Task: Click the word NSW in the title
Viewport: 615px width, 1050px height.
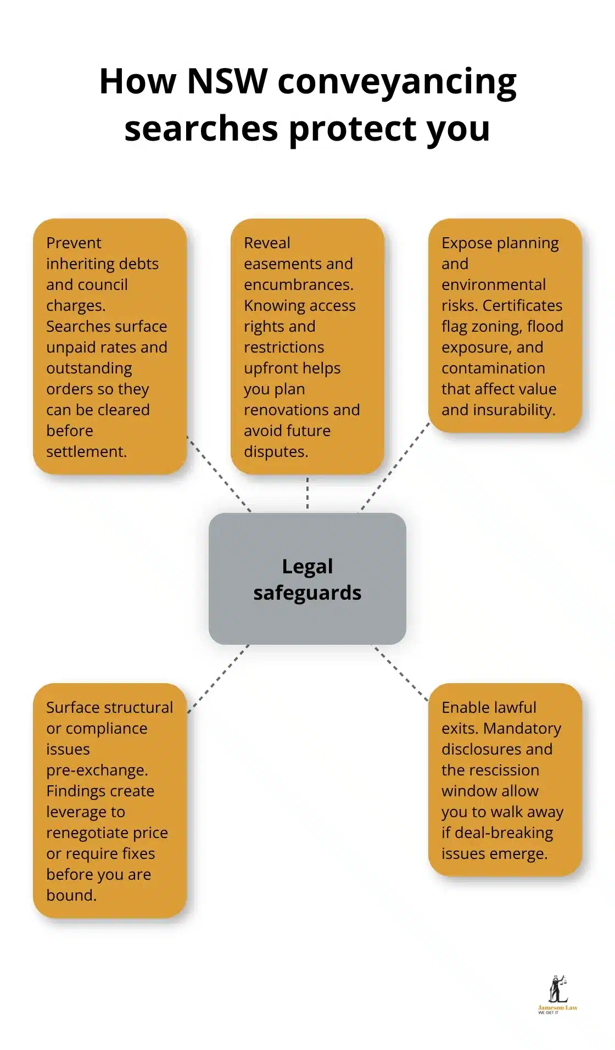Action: [x=226, y=81]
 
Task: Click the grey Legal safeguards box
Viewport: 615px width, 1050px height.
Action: [x=307, y=579]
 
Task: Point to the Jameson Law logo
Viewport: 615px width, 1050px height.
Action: [x=557, y=995]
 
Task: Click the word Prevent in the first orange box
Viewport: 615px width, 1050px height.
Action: [x=74, y=243]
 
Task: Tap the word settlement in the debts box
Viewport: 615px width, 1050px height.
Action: [x=86, y=451]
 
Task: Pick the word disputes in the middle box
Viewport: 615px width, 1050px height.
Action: [x=275, y=451]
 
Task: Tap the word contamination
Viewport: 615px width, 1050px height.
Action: [x=493, y=368]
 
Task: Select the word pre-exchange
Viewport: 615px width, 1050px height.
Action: [x=97, y=770]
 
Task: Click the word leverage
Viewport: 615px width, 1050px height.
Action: [x=85, y=812]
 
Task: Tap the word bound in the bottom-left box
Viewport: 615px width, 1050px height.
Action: [x=70, y=895]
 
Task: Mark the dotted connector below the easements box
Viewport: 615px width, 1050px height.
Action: [x=307, y=493]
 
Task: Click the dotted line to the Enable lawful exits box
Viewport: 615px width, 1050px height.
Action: [x=401, y=673]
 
